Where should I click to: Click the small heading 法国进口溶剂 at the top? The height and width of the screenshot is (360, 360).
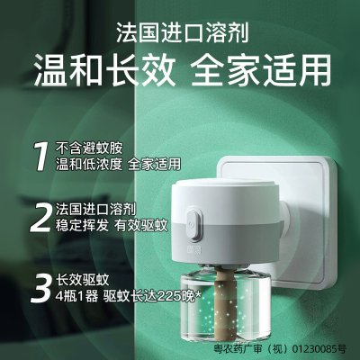pyautogui.click(x=183, y=32)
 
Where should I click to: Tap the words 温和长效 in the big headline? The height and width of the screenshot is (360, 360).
pyautogui.click(x=104, y=71)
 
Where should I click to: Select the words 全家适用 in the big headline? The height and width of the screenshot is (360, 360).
pyautogui.click(x=261, y=71)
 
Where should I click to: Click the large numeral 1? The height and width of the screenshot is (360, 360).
pyautogui.click(x=40, y=157)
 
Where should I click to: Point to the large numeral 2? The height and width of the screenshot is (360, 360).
pyautogui.click(x=40, y=217)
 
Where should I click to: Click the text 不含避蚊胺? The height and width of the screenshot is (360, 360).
pyautogui.click(x=89, y=148)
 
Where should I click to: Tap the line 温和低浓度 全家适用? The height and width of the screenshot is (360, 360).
pyautogui.click(x=119, y=165)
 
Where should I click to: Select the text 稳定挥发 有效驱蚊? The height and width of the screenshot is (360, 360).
pyautogui.click(x=112, y=226)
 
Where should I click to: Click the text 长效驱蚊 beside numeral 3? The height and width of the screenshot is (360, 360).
pyautogui.click(x=83, y=280)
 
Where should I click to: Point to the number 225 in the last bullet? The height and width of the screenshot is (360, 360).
pyautogui.click(x=169, y=297)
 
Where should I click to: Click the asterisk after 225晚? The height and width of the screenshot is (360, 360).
pyautogui.click(x=197, y=295)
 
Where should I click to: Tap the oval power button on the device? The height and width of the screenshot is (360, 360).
pyautogui.click(x=193, y=223)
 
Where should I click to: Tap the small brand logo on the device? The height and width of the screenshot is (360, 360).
pyautogui.click(x=186, y=249)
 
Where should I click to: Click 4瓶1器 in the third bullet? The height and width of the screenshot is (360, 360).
pyautogui.click(x=76, y=297)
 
